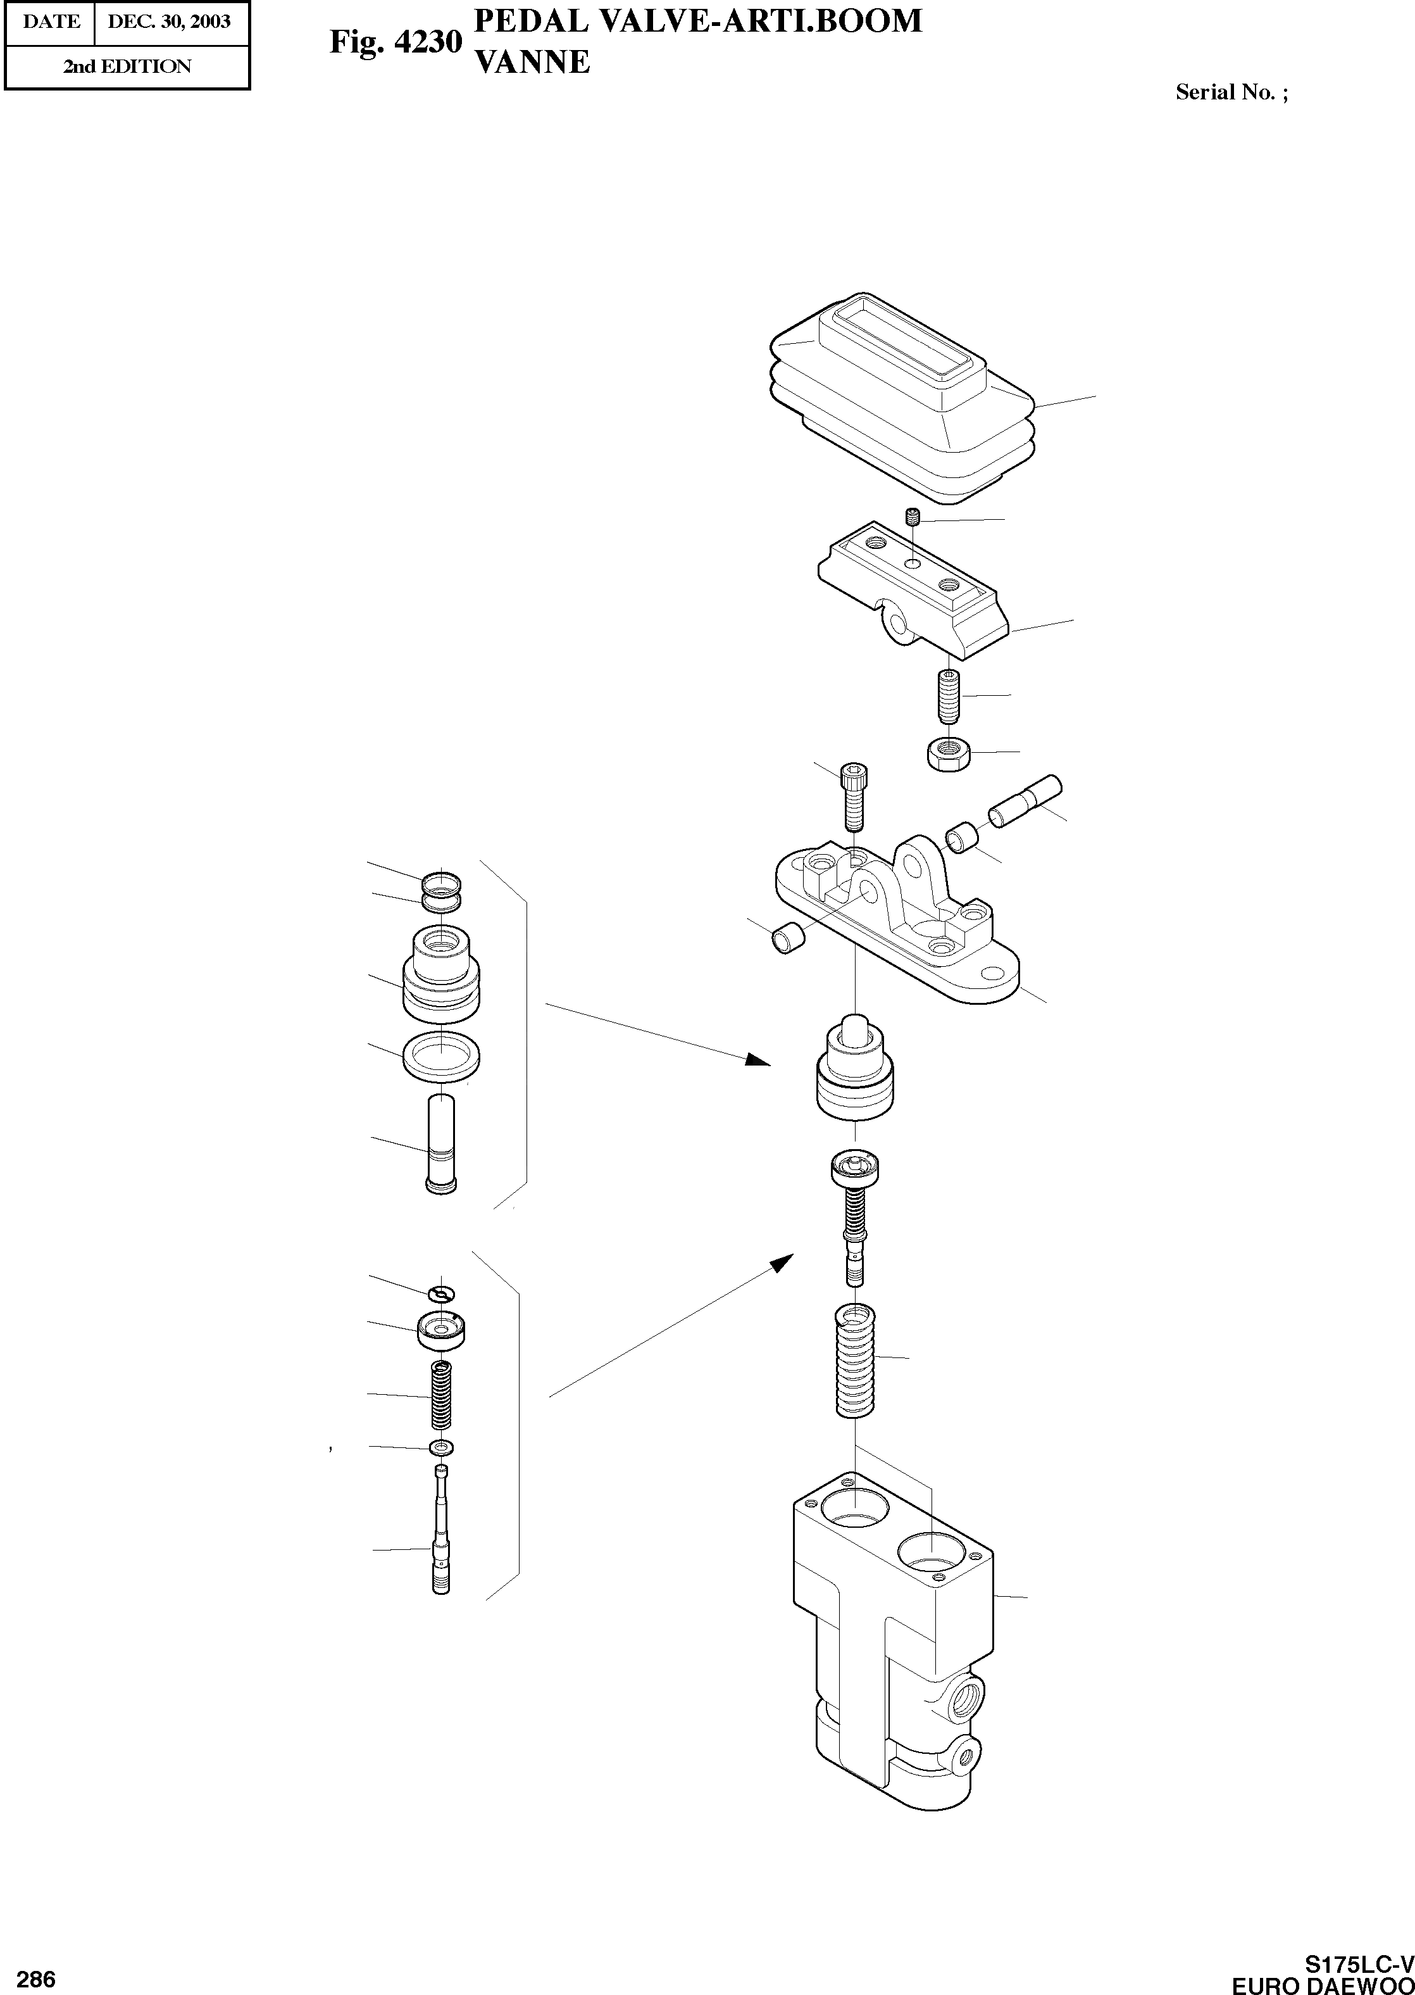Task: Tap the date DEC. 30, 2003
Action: [x=169, y=22]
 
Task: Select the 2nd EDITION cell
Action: [x=127, y=66]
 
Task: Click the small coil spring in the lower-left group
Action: [x=442, y=1395]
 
